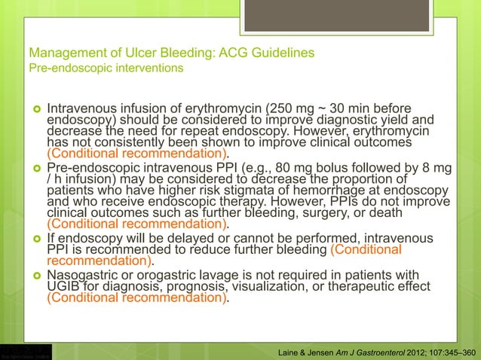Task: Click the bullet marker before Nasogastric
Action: (x=35, y=275)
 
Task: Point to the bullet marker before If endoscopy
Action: (x=35, y=239)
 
